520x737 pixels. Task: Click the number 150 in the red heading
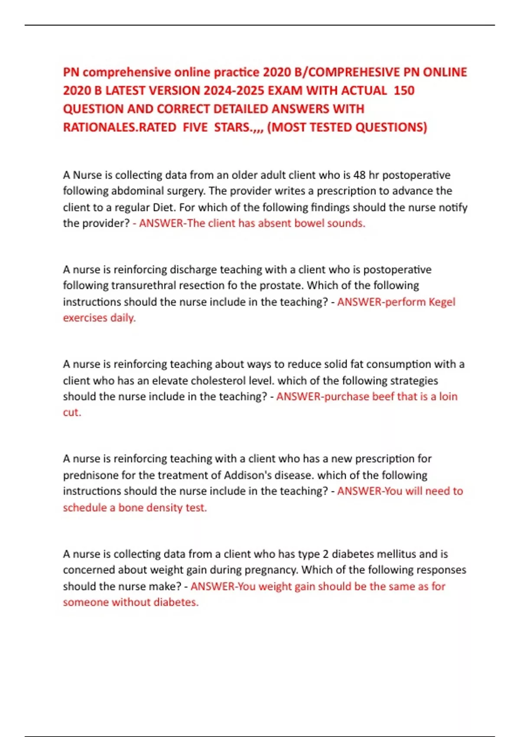(x=404, y=91)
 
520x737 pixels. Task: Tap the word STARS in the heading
(x=233, y=127)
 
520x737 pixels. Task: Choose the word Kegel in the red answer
(x=442, y=302)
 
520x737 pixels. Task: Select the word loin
(x=448, y=397)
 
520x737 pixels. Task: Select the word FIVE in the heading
(x=195, y=127)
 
